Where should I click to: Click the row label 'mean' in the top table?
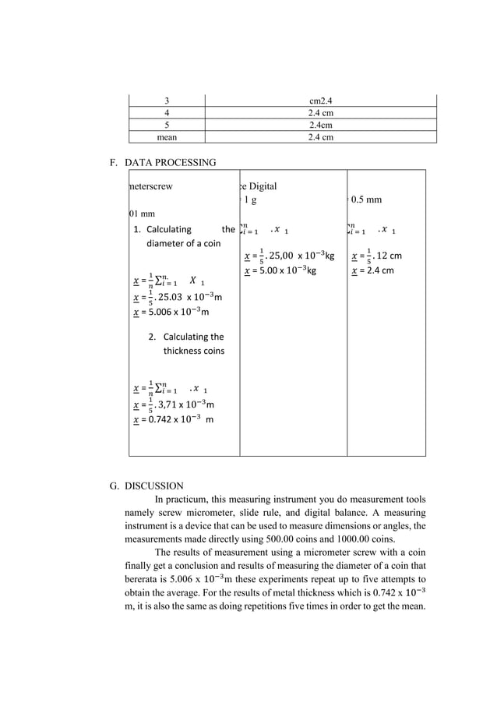click(x=167, y=137)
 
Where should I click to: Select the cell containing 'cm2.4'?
click(x=320, y=101)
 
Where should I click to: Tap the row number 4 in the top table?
click(x=167, y=112)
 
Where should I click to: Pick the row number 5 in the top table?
click(x=167, y=125)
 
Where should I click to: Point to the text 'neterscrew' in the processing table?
click(x=151, y=186)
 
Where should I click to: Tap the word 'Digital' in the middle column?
click(x=261, y=186)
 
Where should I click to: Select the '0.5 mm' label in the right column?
click(x=366, y=200)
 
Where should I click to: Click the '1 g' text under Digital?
click(x=250, y=200)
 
